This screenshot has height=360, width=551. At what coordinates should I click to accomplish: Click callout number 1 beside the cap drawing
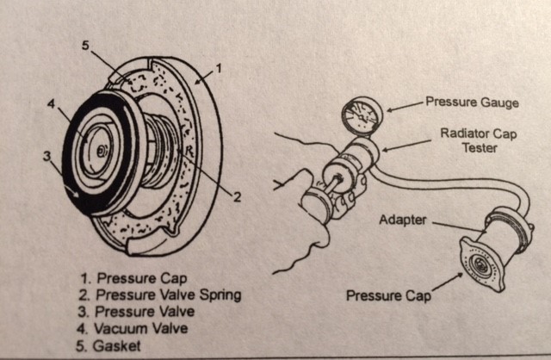pos(220,67)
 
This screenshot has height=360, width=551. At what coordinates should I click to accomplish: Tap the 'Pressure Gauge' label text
pos(473,102)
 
